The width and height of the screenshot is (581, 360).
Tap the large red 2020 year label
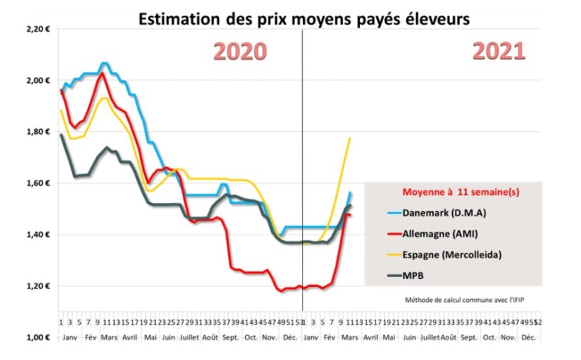click(x=240, y=52)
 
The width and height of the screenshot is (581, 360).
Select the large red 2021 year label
click(x=499, y=51)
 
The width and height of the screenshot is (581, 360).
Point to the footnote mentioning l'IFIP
click(x=465, y=298)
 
